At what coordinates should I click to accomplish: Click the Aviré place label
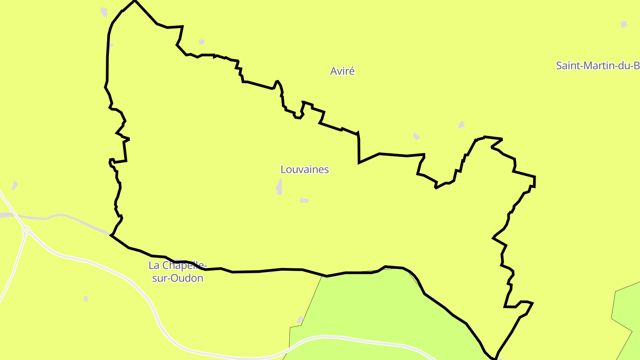coord(342,71)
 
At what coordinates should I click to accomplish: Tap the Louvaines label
coord(304,169)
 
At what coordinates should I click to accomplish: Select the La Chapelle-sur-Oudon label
coord(177,272)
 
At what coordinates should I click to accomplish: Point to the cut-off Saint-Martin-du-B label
coord(597,66)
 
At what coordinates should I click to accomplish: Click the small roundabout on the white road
coord(27,230)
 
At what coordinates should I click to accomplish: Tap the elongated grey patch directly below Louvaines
coord(279,187)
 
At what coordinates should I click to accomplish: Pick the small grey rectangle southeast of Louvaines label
coord(304,200)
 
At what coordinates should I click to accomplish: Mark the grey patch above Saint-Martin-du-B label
coord(624,24)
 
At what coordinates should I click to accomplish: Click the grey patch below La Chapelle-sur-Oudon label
coord(85,299)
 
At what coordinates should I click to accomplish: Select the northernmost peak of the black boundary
coord(135,1)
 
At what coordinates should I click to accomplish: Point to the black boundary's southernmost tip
coord(495,358)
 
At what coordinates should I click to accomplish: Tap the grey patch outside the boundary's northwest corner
coord(104,12)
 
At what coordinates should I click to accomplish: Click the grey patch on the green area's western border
coord(300,320)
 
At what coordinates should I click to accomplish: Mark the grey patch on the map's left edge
coord(15,185)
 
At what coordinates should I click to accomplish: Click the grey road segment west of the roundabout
coord(9,216)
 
